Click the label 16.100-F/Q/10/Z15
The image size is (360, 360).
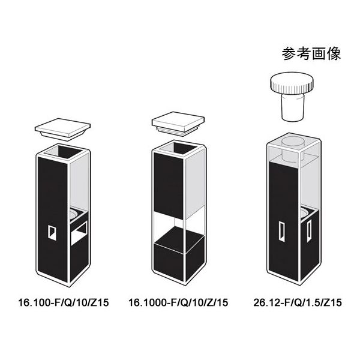(x=63, y=303)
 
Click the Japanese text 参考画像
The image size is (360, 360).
(x=311, y=55)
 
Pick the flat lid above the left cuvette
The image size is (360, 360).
(x=62, y=127)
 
